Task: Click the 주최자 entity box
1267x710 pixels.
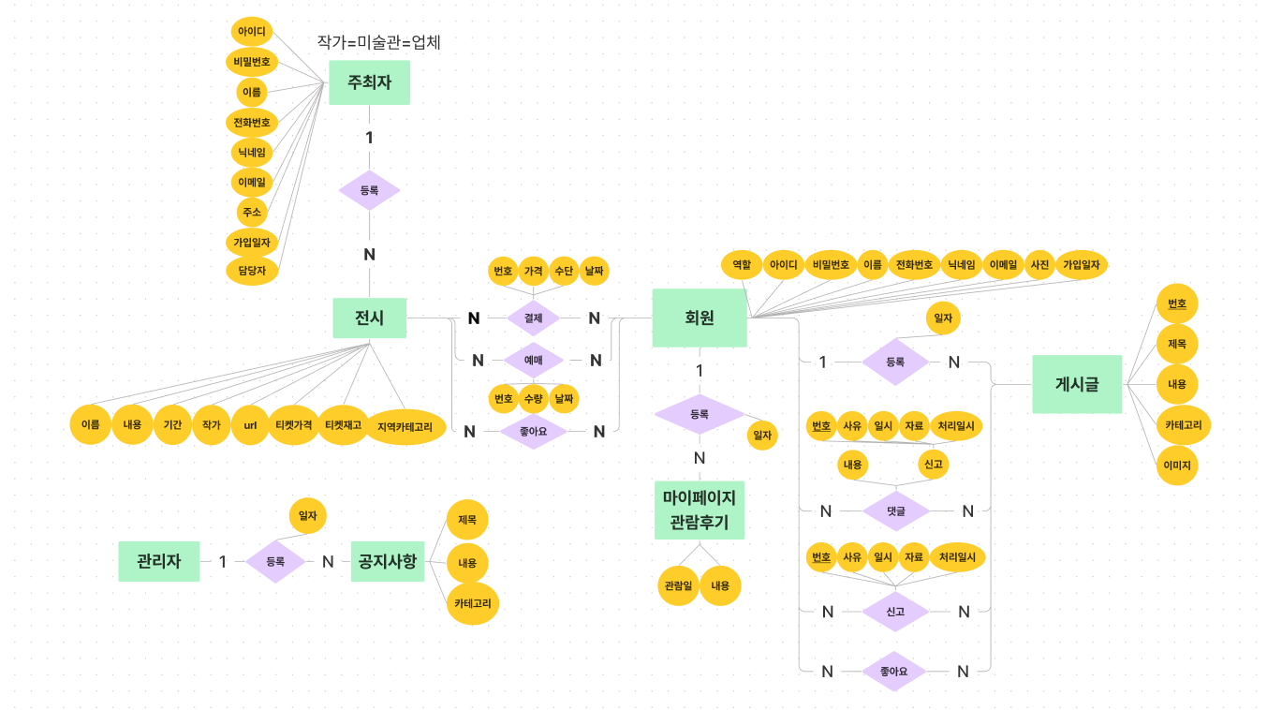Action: tap(369, 82)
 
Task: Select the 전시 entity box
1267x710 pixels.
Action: tap(370, 318)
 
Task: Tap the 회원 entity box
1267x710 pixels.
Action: tap(700, 318)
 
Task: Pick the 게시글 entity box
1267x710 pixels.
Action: tap(1077, 384)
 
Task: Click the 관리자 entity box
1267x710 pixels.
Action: tap(159, 561)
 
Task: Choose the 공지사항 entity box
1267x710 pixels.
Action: tap(388, 561)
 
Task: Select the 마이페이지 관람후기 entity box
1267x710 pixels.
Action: tap(700, 510)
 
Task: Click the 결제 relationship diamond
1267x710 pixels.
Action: tap(533, 318)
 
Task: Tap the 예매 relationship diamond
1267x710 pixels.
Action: tap(533, 360)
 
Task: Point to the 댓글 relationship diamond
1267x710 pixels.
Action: tap(895, 510)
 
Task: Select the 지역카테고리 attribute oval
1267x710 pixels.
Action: tap(405, 427)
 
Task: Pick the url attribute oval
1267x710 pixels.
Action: tap(250, 425)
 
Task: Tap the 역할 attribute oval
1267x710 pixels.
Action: tap(741, 265)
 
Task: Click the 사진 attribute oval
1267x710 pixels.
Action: tap(1039, 265)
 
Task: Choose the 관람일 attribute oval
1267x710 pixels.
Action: tap(678, 585)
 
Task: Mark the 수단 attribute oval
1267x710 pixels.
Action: tap(564, 271)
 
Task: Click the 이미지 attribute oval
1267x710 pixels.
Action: tap(1177, 465)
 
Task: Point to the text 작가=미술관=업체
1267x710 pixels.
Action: tap(378, 42)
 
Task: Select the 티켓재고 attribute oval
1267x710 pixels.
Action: tap(343, 425)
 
